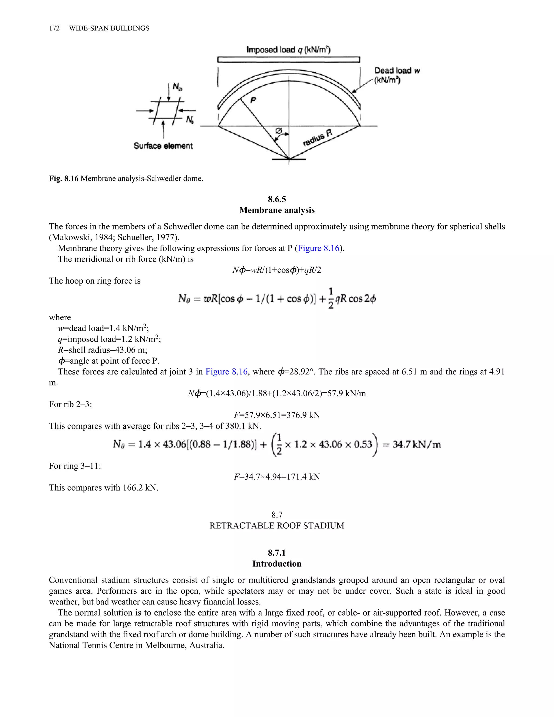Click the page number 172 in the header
pos(54,28)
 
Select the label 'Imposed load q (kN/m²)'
pos(288,50)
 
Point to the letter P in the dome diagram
pos(253,100)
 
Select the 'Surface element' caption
pos(163,146)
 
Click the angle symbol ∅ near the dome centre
pos(279,131)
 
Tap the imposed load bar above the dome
pos(288,60)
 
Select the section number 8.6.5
pos(277,199)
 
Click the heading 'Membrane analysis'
pos(277,210)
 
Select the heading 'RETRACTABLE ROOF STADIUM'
pos(277,526)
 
